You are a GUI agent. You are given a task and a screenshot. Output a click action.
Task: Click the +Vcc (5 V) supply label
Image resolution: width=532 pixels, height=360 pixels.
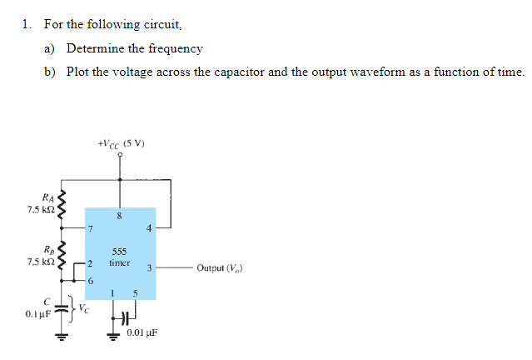(122, 143)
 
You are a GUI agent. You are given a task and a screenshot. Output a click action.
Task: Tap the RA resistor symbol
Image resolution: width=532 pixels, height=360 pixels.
(60, 202)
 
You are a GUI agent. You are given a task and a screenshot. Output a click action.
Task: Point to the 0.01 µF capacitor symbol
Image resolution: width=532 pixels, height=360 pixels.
(122, 317)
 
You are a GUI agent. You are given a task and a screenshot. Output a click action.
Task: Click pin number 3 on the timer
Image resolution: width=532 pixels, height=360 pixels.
(147, 268)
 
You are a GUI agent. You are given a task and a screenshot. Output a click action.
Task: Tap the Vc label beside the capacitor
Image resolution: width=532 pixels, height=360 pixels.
(85, 310)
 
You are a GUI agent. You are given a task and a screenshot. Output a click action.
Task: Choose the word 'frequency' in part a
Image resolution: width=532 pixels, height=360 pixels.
(177, 48)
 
